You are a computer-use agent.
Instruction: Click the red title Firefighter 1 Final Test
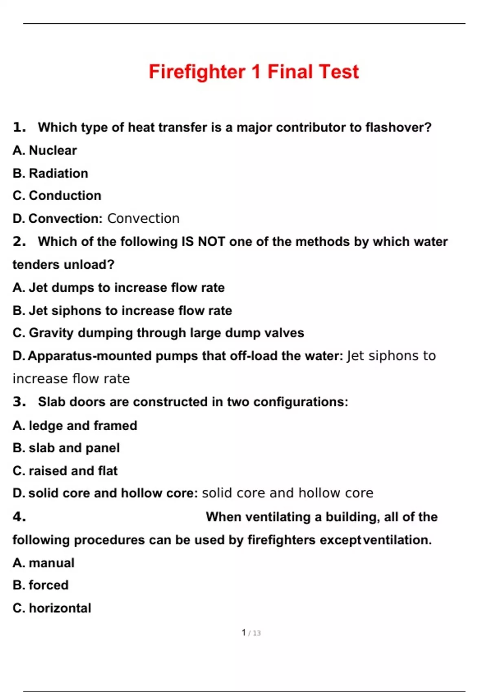pyautogui.click(x=253, y=72)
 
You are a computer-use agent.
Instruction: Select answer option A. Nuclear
pyautogui.click(x=45, y=151)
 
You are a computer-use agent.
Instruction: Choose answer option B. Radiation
pyautogui.click(x=51, y=173)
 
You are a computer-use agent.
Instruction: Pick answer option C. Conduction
pyautogui.click(x=57, y=196)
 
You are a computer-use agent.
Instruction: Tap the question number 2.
pyautogui.click(x=19, y=241)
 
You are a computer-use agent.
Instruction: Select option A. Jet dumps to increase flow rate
pyautogui.click(x=119, y=288)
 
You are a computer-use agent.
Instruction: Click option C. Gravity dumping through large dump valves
pyautogui.click(x=158, y=333)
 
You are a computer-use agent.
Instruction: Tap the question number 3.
pyautogui.click(x=19, y=402)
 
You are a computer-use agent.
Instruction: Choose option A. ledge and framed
pyautogui.click(x=75, y=426)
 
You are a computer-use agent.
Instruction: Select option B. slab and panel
pyautogui.click(x=66, y=448)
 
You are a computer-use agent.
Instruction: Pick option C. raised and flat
pyautogui.click(x=65, y=471)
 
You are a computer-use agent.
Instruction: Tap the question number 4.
pyautogui.click(x=19, y=517)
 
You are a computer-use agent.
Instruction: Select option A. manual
pyautogui.click(x=44, y=563)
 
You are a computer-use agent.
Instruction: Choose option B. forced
pyautogui.click(x=41, y=585)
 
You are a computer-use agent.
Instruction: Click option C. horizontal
pyautogui.click(x=52, y=608)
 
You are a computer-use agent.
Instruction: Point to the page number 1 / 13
pyautogui.click(x=251, y=633)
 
